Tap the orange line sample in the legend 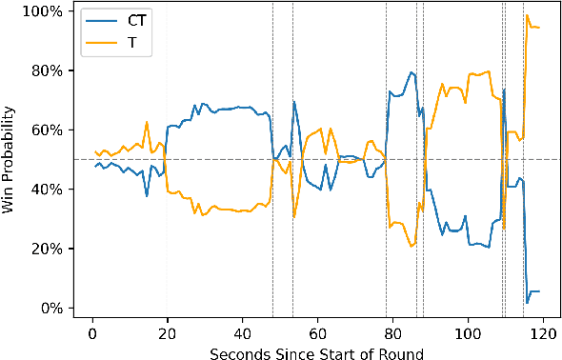tap(103, 42)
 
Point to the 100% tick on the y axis tap(44, 11)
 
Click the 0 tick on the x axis tap(92, 332)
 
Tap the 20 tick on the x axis tap(168, 332)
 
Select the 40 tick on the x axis tap(243, 332)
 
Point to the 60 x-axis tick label tap(317, 332)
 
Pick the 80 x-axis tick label tap(392, 332)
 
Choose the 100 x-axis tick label tap(468, 332)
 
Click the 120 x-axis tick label tap(543, 332)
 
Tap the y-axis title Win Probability tap(11, 159)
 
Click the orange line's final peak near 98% tap(527, 15)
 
